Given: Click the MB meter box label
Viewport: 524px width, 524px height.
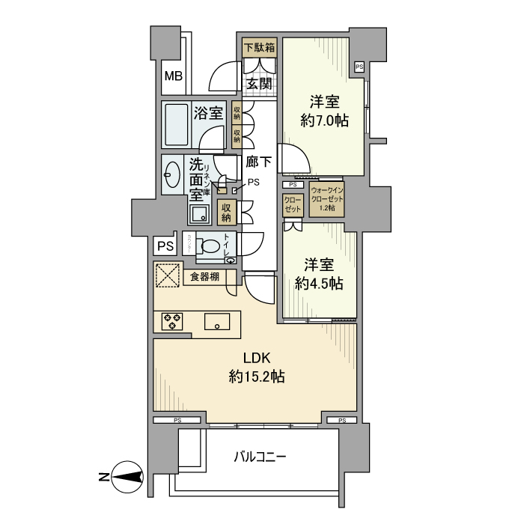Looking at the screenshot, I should point(173,76).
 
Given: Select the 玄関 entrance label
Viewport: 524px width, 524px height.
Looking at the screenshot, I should point(259,82).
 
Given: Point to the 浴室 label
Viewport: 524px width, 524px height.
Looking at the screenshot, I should point(209,114).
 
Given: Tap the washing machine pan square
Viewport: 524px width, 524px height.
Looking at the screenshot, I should point(200,214).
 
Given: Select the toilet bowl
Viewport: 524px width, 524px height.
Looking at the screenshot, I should point(212,246).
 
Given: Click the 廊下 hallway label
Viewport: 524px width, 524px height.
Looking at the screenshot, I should point(258,162).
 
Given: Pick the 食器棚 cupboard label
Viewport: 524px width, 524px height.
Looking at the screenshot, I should point(204,277).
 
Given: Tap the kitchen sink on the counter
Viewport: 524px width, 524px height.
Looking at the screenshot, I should point(219,323).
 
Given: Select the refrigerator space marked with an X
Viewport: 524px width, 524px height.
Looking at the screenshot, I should point(168,275).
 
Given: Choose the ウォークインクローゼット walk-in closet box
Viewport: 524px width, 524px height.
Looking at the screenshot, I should point(327,201).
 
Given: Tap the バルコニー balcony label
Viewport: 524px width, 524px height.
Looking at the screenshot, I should point(260,456).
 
